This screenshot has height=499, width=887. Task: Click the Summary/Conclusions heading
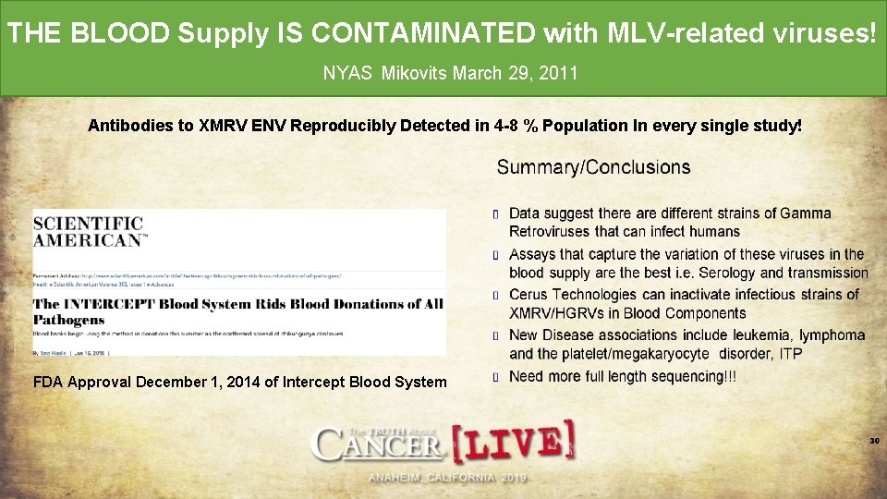point(593,167)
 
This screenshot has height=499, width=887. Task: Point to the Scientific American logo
point(89,231)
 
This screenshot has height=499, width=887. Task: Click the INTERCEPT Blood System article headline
point(237,310)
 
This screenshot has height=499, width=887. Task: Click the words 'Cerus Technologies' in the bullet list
point(569,295)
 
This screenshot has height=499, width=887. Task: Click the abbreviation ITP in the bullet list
point(789,354)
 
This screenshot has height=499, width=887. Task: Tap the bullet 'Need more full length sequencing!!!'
point(623,376)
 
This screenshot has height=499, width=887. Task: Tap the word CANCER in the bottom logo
point(380,446)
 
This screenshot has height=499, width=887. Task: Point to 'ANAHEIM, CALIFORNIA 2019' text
point(446,478)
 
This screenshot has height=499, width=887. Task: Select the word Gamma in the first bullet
point(806,213)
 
